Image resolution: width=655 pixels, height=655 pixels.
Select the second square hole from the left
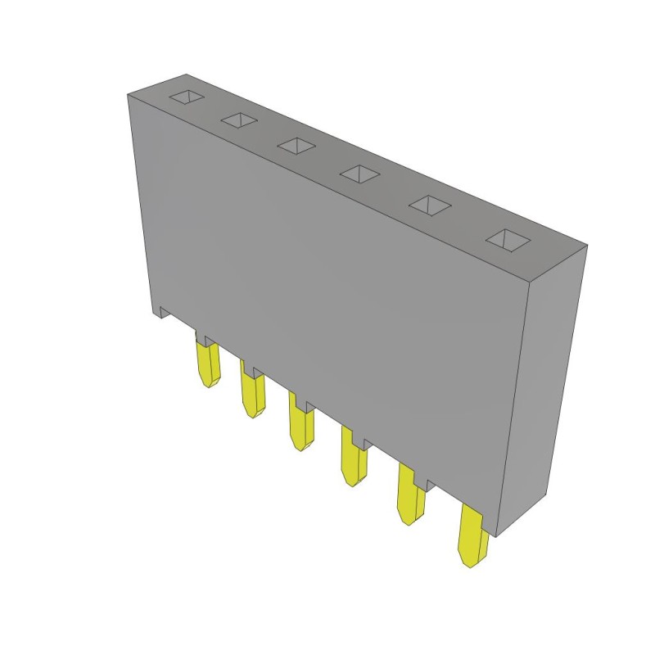[x=238, y=121]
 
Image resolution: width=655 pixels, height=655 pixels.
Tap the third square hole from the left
[x=296, y=146]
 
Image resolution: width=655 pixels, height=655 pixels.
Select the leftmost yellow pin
[x=208, y=364]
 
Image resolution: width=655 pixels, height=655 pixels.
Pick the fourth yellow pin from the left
[x=354, y=463]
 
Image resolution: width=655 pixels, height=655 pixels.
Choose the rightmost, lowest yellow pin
[x=472, y=536]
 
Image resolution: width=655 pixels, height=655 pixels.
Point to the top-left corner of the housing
[x=129, y=95]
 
